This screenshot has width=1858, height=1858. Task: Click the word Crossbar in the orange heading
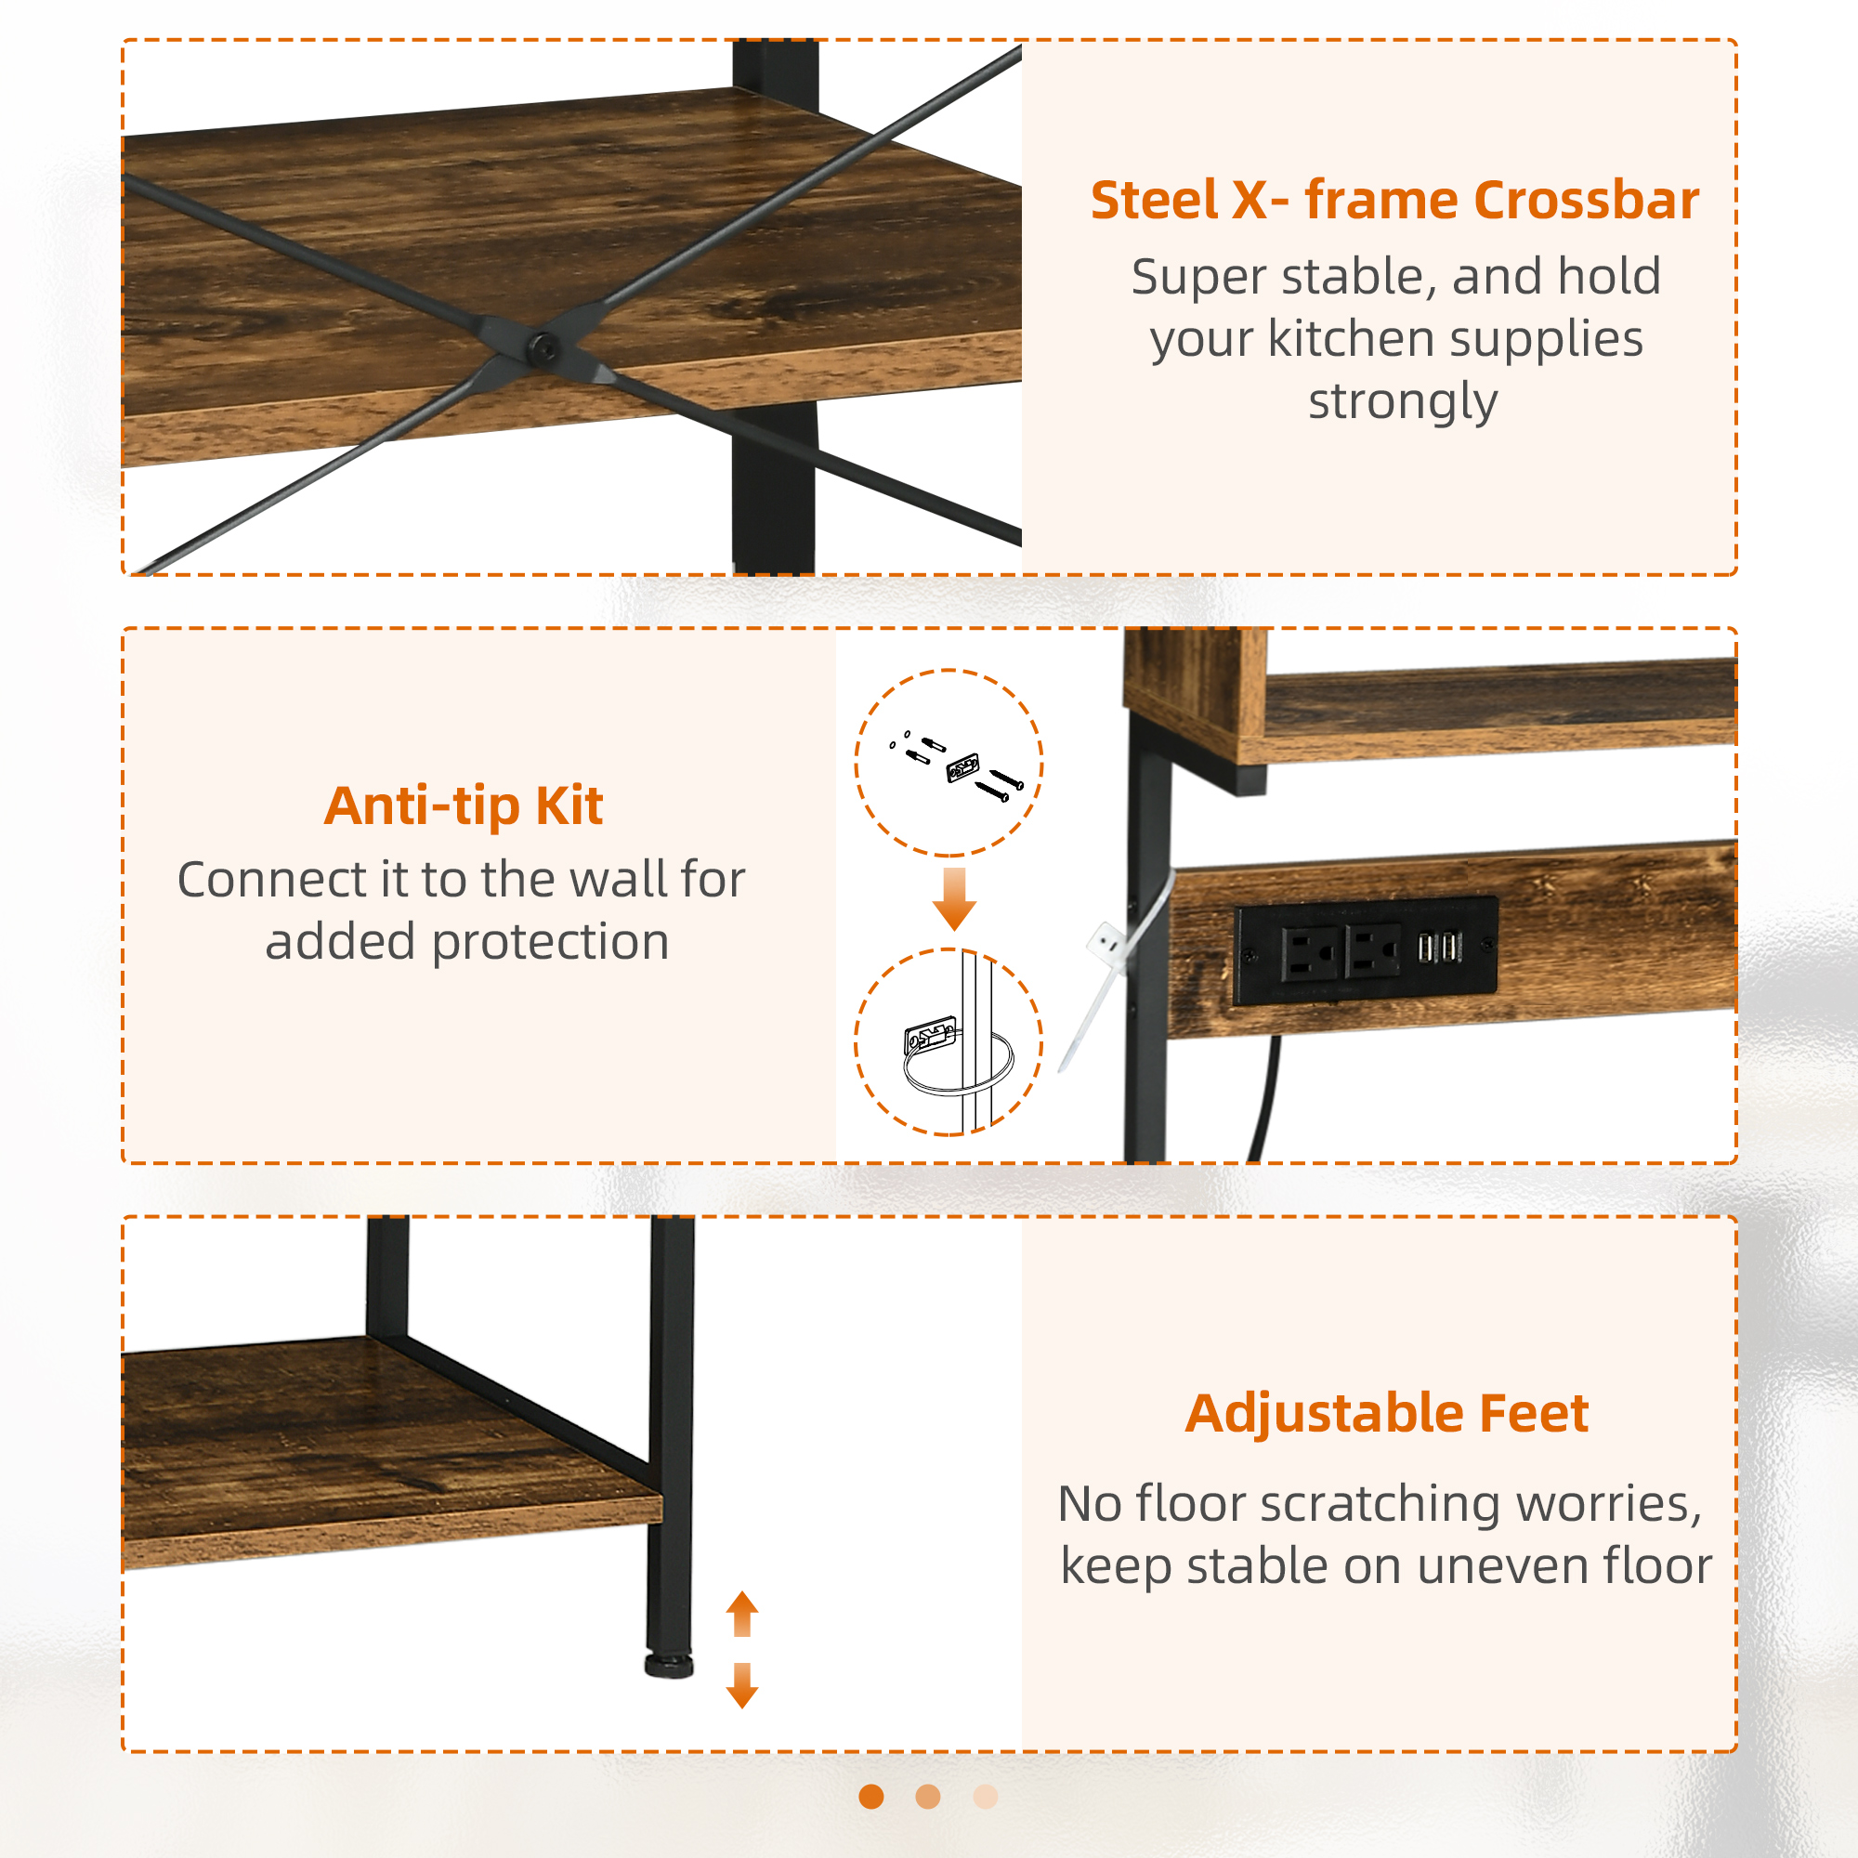pyautogui.click(x=1585, y=201)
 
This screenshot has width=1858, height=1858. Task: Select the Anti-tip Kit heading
pyautogui.click(x=464, y=805)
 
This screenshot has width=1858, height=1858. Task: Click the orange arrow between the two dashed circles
pyautogui.click(x=954, y=899)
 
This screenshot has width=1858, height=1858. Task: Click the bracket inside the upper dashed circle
pyautogui.click(x=962, y=767)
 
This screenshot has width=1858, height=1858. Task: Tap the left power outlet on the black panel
pyautogui.click(x=1310, y=952)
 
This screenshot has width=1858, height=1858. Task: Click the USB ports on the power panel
pyautogui.click(x=1439, y=948)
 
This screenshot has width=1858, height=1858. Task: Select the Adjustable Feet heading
pyautogui.click(x=1387, y=1414)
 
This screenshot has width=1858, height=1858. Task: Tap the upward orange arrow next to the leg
pyautogui.click(x=741, y=1614)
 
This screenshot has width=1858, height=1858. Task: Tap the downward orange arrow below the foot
pyautogui.click(x=741, y=1686)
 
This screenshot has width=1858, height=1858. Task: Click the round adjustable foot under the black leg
pyautogui.click(x=669, y=1667)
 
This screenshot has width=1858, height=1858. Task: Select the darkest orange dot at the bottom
pyautogui.click(x=871, y=1797)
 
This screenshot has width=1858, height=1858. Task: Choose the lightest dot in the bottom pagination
pyautogui.click(x=986, y=1797)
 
